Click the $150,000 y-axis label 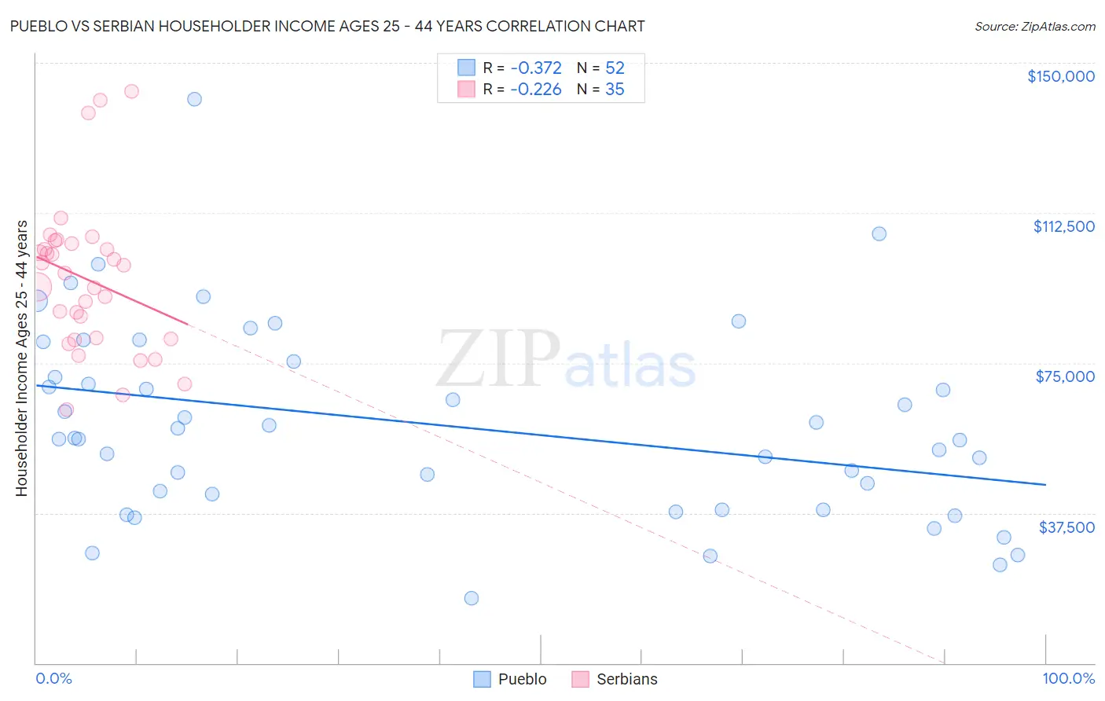point(1060,76)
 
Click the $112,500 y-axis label point(1063,226)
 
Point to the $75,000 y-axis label point(1065,376)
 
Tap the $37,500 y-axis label point(1066,527)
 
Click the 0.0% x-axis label point(53,678)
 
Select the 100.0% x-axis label point(1068,678)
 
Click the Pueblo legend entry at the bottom point(510,679)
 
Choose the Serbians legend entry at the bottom point(615,679)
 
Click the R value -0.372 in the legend point(535,68)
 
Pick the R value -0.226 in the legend point(535,90)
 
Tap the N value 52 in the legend point(615,68)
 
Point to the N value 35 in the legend point(615,90)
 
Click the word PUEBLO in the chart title point(39,26)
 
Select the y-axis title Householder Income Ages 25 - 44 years point(22,358)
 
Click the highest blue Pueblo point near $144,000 point(194,99)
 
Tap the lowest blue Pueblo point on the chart point(472,598)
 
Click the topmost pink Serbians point point(131,91)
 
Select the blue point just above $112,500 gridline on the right point(879,233)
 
